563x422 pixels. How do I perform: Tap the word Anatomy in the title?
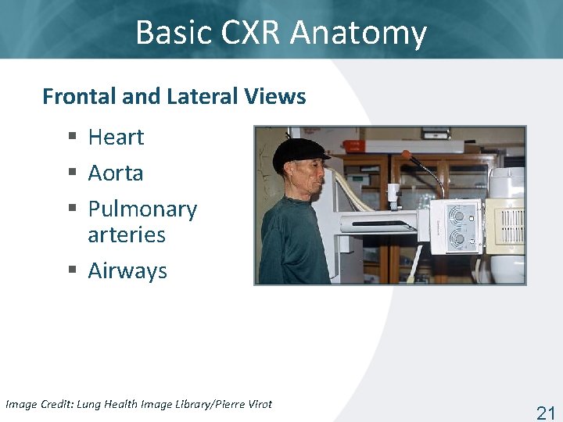tap(358, 33)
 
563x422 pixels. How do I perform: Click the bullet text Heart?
tap(116, 138)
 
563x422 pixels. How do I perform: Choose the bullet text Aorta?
tap(115, 173)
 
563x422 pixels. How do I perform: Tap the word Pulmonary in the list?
tap(142, 209)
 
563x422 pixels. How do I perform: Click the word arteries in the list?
tap(127, 234)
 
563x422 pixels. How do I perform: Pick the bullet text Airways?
tap(127, 270)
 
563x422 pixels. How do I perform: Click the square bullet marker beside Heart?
tap(72, 138)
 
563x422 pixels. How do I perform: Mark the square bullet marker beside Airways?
tap(72, 270)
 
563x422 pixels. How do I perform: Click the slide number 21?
tap(545, 413)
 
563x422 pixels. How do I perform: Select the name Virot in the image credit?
tap(257, 404)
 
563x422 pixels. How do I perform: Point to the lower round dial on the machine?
tap(459, 238)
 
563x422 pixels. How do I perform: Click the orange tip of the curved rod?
tap(406, 155)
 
